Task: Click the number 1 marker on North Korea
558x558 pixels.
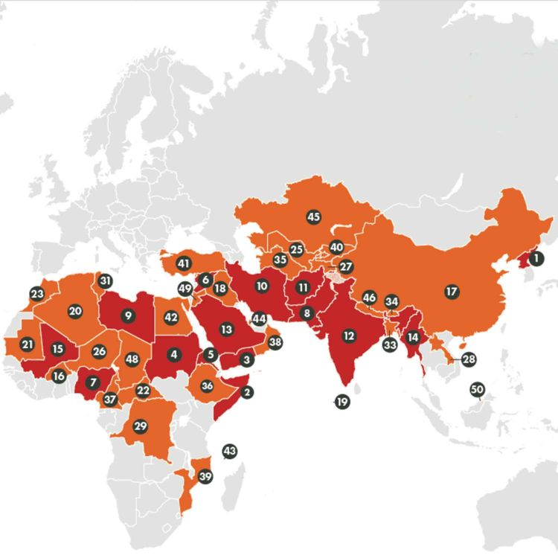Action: point(537,259)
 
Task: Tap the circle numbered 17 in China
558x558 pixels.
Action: point(451,291)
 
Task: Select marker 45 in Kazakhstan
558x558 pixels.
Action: point(313,217)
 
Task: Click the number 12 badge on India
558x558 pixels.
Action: point(348,336)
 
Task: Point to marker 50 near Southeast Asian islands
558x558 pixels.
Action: point(478,389)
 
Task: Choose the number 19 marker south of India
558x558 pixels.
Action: point(342,401)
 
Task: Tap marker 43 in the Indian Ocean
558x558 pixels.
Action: point(229,451)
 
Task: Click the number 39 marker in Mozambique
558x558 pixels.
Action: point(206,476)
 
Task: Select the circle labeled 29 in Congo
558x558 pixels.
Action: point(140,426)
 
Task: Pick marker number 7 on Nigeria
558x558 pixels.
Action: point(92,382)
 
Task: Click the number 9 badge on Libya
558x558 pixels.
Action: point(129,315)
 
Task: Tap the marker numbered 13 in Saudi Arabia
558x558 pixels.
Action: point(226,328)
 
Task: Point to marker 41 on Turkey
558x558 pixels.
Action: point(184,263)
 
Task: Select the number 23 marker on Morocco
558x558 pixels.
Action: point(37,293)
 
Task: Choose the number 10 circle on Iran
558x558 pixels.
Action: point(261,285)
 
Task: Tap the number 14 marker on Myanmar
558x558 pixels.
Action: point(414,336)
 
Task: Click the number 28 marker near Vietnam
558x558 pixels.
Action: point(468,359)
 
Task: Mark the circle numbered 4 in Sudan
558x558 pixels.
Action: point(174,355)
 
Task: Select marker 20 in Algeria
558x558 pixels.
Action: point(75,311)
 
